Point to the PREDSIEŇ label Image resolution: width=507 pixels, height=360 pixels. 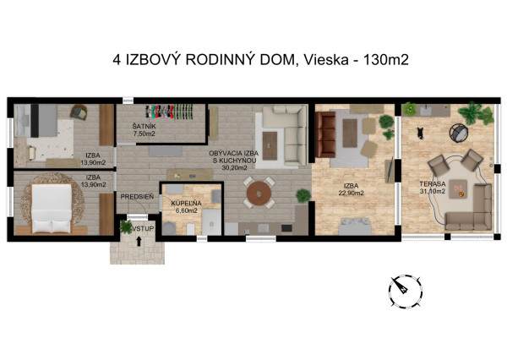pyautogui.click(x=135, y=196)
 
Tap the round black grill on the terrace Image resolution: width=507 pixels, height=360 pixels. pyautogui.click(x=457, y=133)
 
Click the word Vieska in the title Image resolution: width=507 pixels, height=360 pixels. pyautogui.click(x=324, y=60)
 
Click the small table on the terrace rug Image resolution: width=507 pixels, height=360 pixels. pyautogui.click(x=461, y=190)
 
